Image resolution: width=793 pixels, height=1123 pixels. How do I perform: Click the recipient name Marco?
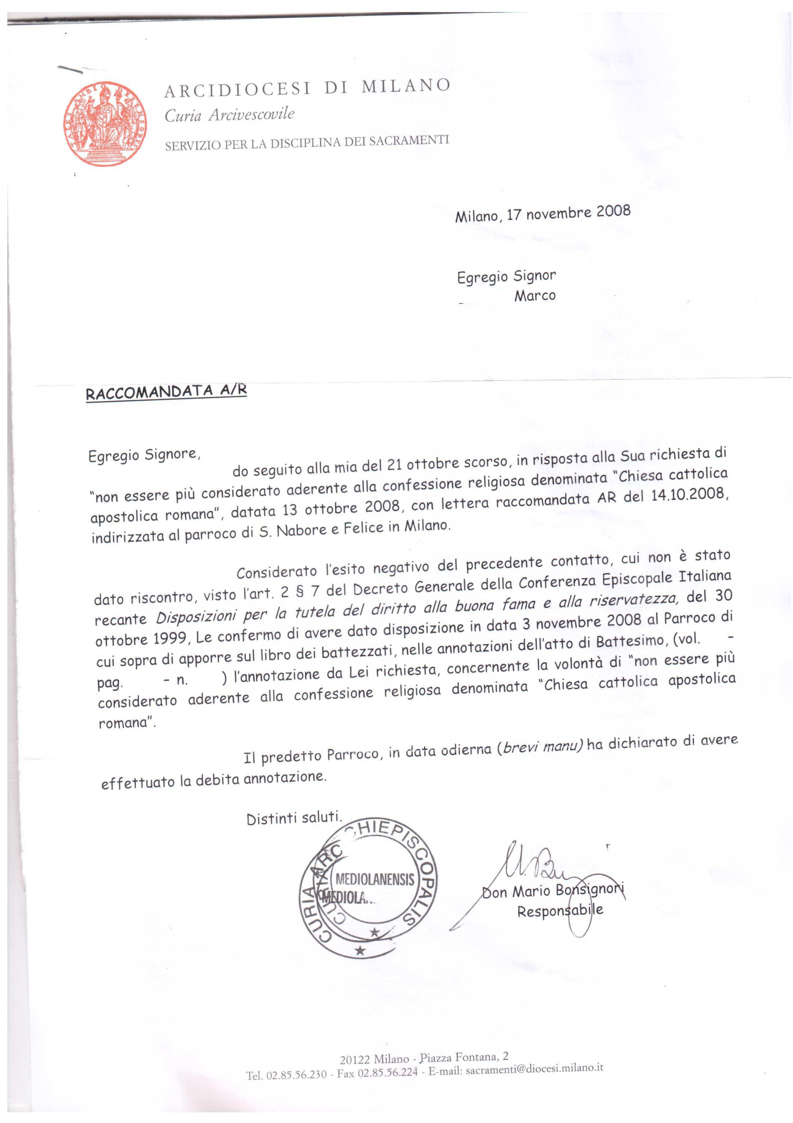click(534, 296)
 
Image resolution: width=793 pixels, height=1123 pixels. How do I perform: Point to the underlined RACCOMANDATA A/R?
click(166, 392)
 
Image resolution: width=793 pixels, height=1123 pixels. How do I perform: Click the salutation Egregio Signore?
click(144, 455)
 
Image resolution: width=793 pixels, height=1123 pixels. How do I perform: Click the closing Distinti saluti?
click(294, 818)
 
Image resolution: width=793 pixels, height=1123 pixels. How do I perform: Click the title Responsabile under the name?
click(560, 911)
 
